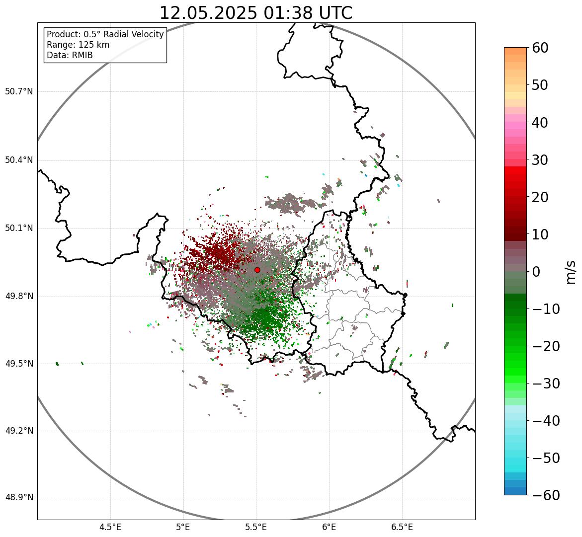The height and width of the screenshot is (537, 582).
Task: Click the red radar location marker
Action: pyautogui.click(x=257, y=270)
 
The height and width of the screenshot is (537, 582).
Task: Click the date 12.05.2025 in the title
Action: pyautogui.click(x=208, y=13)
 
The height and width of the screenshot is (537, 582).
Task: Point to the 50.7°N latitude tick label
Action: pyautogui.click(x=19, y=92)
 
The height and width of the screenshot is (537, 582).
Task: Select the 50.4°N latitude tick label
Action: pyautogui.click(x=19, y=160)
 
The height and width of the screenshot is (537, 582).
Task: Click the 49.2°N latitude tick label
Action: pyautogui.click(x=19, y=431)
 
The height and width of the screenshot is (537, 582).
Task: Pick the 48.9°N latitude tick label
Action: pyautogui.click(x=19, y=498)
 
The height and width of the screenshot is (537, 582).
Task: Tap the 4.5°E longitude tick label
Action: pyautogui.click(x=110, y=527)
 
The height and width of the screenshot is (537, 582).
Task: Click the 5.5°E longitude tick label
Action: pyautogui.click(x=256, y=527)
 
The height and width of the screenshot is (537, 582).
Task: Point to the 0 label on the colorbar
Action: pyautogui.click(x=537, y=272)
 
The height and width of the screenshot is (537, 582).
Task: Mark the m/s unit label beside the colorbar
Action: pyautogui.click(x=570, y=272)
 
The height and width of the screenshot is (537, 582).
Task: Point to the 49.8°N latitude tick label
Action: pyautogui.click(x=19, y=297)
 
